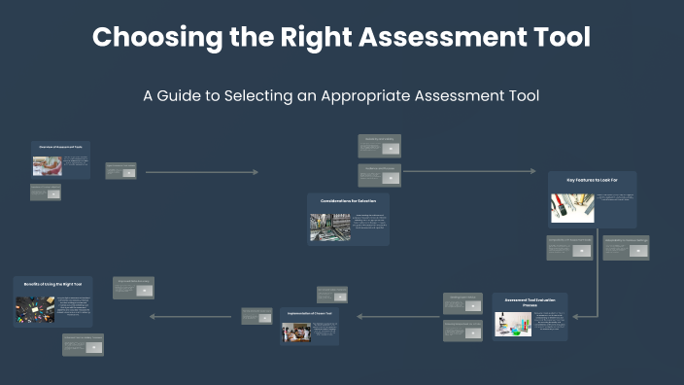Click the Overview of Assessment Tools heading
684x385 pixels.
click(x=60, y=147)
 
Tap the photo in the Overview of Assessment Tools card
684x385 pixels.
click(x=47, y=165)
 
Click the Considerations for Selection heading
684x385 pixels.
click(x=348, y=200)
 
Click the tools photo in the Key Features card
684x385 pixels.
click(x=572, y=208)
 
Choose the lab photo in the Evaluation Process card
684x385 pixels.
click(x=513, y=324)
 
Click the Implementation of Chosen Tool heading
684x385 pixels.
click(x=310, y=313)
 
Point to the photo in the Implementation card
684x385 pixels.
click(x=296, y=332)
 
